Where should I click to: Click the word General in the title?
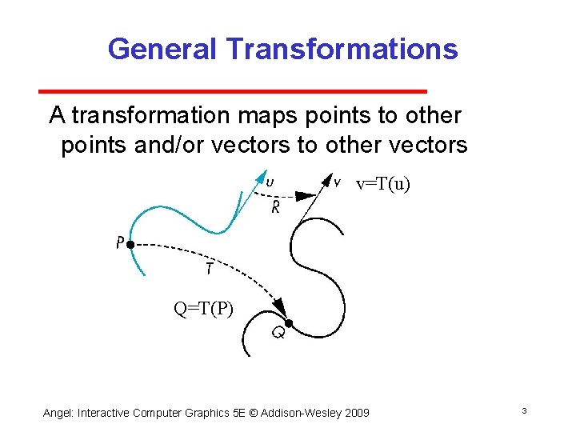point(162,49)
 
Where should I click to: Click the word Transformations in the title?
point(342,49)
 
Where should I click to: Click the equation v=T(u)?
point(382,185)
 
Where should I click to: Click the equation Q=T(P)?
point(204,307)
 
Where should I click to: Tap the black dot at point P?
point(130,243)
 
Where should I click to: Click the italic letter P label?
point(118,242)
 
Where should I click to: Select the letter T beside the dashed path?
point(208,270)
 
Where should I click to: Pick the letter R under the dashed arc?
point(275,209)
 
